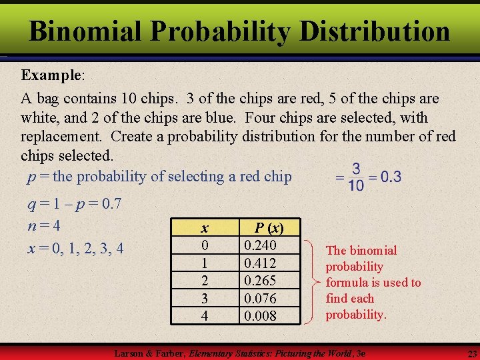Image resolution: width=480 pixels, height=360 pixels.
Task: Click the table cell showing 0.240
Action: (261, 245)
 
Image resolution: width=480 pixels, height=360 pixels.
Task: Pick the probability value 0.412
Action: (261, 263)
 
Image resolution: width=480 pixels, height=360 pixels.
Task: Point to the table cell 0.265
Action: (261, 280)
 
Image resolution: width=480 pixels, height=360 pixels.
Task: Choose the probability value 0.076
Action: (261, 298)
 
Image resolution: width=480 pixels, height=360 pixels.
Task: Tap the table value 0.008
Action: (261, 315)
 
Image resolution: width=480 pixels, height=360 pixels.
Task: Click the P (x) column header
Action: (269, 228)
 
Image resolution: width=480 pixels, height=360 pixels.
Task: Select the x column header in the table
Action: (205, 228)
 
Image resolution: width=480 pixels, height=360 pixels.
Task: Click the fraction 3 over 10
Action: (356, 177)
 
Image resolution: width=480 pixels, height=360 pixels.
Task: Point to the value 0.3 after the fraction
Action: (390, 177)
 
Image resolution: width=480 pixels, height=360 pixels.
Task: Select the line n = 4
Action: (44, 225)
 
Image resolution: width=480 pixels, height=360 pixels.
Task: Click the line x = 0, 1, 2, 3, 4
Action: (75, 248)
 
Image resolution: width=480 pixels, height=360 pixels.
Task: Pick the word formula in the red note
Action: (347, 283)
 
